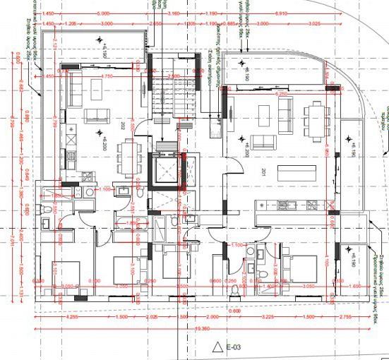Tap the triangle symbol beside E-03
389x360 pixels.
pyautogui.click(x=217, y=347)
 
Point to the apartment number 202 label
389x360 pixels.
pyautogui.click(x=123, y=127)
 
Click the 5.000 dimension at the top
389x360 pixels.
pyautogui.click(x=104, y=13)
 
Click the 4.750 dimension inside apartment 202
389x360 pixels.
pyautogui.click(x=107, y=76)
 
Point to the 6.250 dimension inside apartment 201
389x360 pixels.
pyautogui.click(x=282, y=93)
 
